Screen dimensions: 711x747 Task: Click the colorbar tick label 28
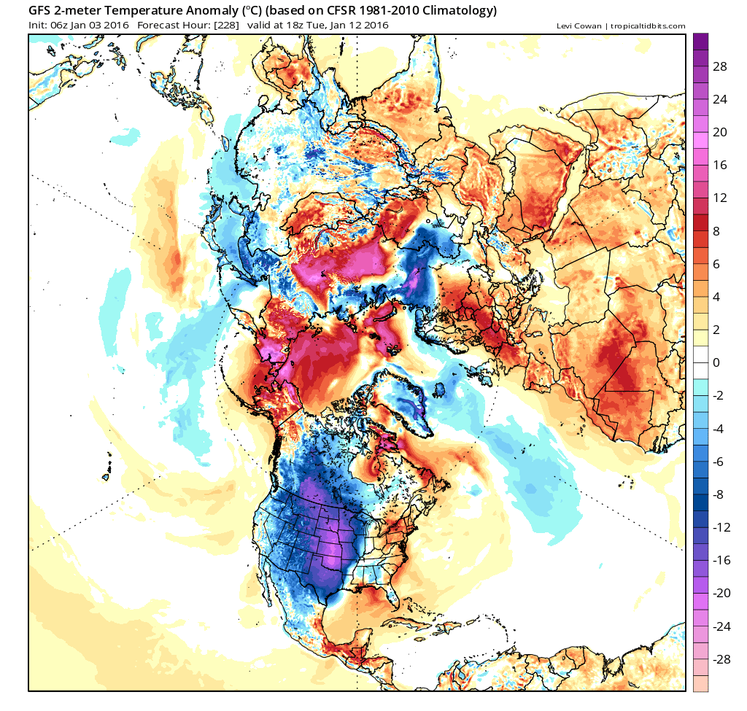point(720,66)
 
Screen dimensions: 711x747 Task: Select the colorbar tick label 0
point(716,362)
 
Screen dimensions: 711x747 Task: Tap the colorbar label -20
point(721,593)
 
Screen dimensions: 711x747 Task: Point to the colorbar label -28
point(721,659)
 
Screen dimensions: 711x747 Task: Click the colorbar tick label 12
point(720,198)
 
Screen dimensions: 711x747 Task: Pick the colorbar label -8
point(719,494)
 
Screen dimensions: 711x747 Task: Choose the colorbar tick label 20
point(720,132)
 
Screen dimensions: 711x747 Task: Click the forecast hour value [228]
point(224,26)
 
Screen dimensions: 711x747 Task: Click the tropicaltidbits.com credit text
point(647,26)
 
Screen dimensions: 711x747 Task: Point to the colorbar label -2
point(719,395)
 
